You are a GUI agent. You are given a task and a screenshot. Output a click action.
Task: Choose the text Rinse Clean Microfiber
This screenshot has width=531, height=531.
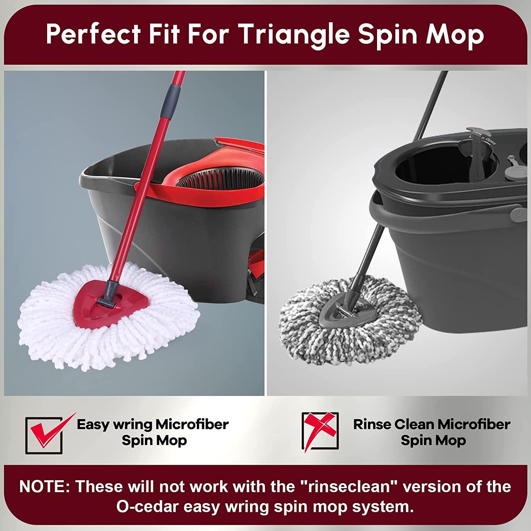[x=432, y=424]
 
